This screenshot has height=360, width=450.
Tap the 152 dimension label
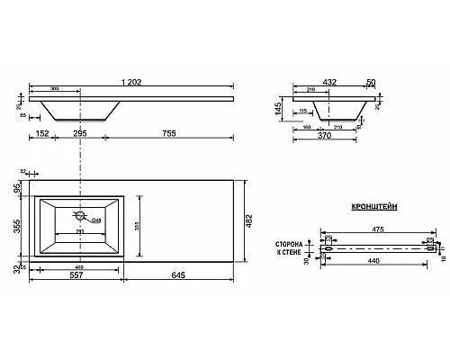[x=42, y=133]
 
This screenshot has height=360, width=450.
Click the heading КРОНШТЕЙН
[x=371, y=206]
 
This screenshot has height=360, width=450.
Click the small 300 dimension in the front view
[x=56, y=91]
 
